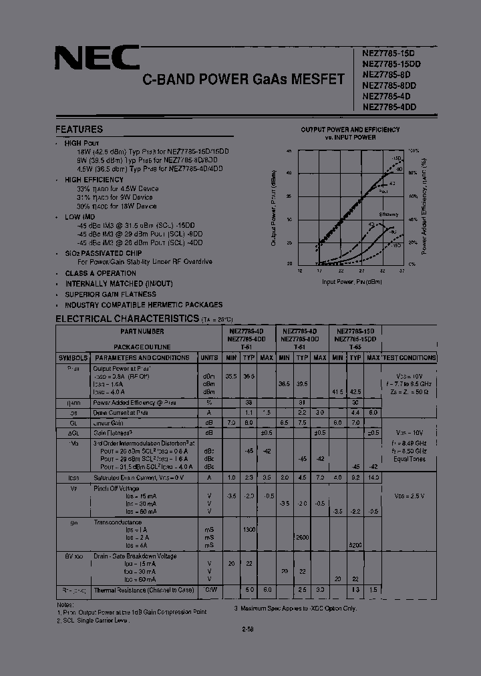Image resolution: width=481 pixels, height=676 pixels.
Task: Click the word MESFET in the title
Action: coord(319,79)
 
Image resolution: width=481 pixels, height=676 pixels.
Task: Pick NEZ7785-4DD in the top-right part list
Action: coord(389,106)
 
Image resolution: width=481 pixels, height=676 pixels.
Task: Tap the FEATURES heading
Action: coord(79,130)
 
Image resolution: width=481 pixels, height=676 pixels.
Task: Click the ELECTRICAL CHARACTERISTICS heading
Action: coord(127,319)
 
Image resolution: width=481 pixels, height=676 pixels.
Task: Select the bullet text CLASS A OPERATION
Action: coord(101,274)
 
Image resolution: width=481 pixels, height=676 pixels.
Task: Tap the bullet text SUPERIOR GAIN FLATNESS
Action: coord(110,294)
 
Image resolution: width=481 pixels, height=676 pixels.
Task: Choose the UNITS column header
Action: coord(210,358)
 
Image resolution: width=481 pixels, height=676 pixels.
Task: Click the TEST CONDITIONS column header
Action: coord(409,358)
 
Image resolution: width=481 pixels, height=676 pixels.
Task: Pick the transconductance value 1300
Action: coord(249,528)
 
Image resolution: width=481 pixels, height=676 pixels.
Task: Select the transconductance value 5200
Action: coord(355,545)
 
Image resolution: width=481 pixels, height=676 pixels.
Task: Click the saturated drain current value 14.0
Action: coord(373,478)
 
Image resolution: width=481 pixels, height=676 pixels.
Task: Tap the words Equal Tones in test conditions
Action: coord(409,460)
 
